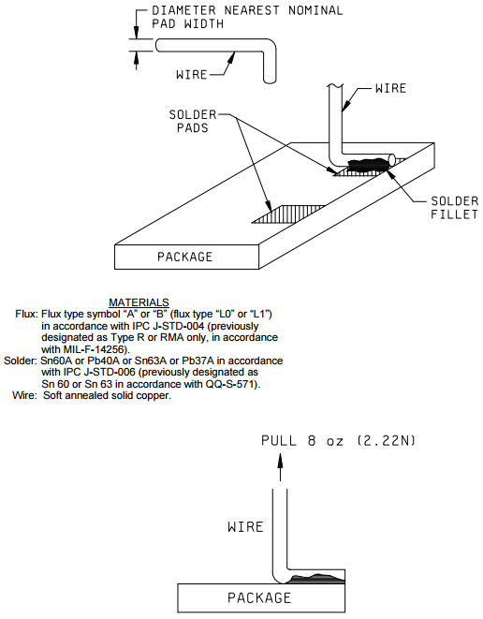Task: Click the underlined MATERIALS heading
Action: pyautogui.click(x=139, y=302)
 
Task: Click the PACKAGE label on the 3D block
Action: pyautogui.click(x=185, y=257)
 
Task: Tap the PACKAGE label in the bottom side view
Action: pyautogui.click(x=259, y=597)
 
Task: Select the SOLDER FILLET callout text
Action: pyautogui.click(x=454, y=208)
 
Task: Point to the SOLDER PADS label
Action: pyautogui.click(x=193, y=121)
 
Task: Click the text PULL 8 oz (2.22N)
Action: pyautogui.click(x=339, y=440)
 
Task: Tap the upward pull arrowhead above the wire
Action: pyautogui.click(x=280, y=461)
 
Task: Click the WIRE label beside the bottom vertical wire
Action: pyautogui.click(x=245, y=526)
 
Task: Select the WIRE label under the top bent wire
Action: pyautogui.click(x=191, y=74)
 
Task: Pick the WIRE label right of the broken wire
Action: pyautogui.click(x=390, y=88)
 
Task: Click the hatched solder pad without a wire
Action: pyautogui.click(x=288, y=214)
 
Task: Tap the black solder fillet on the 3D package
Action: pyautogui.click(x=367, y=164)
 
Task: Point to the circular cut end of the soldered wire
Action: pyautogui.click(x=392, y=158)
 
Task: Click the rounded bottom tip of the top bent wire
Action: pyautogui.click(x=270, y=81)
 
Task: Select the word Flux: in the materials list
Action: pyautogui.click(x=27, y=315)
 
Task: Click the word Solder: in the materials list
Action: pyautogui.click(x=21, y=361)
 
